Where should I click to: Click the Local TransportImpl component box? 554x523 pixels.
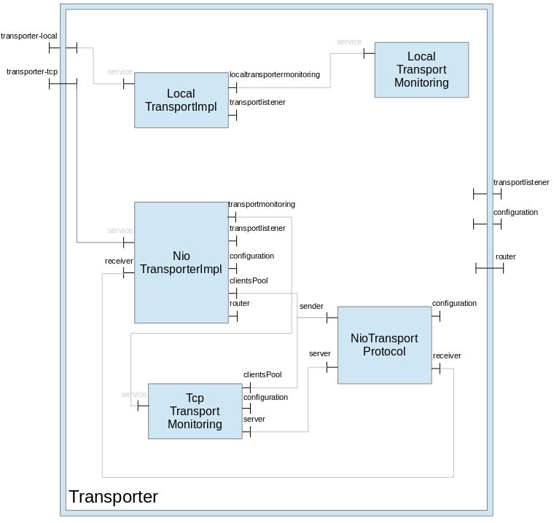pyautogui.click(x=181, y=100)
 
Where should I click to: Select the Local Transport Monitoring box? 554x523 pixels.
pyautogui.click(x=421, y=69)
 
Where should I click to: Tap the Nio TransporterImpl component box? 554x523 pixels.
pyautogui.click(x=181, y=262)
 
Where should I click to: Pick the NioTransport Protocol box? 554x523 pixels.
pyautogui.click(x=384, y=345)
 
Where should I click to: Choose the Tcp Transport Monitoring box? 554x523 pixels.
pyautogui.click(x=195, y=411)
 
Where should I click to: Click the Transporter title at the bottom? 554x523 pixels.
pyautogui.click(x=113, y=498)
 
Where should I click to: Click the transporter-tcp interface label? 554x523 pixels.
pyautogui.click(x=31, y=71)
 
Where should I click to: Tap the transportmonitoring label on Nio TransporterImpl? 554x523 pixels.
pyautogui.click(x=262, y=205)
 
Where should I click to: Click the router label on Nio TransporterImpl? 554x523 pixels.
pyautogui.click(x=240, y=303)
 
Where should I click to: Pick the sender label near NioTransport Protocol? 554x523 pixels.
pyautogui.click(x=311, y=307)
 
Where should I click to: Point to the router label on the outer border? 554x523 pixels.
pyautogui.click(x=506, y=257)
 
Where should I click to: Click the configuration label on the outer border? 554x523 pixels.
pyautogui.click(x=515, y=212)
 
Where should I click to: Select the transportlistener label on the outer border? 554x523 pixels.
pyautogui.click(x=521, y=182)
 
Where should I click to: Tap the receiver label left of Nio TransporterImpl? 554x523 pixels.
pyautogui.click(x=119, y=260)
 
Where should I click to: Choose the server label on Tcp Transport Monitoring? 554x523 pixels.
pyautogui.click(x=254, y=420)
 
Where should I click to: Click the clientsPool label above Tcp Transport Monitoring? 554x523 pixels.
pyautogui.click(x=262, y=374)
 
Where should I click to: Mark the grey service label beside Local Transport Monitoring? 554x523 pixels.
pyautogui.click(x=349, y=42)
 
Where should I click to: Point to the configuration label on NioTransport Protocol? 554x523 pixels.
pyautogui.click(x=454, y=303)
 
